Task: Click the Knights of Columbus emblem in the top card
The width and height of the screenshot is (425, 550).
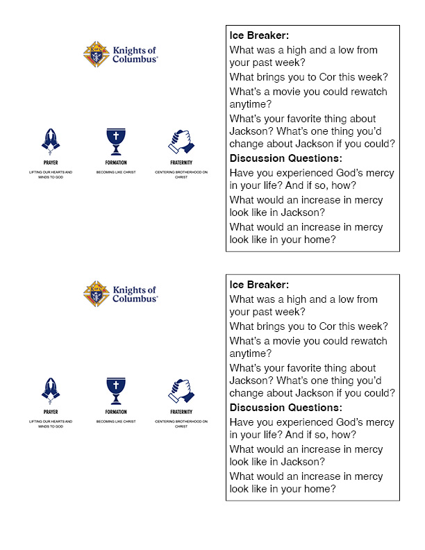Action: click(97, 54)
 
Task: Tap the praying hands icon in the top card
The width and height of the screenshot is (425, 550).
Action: click(51, 141)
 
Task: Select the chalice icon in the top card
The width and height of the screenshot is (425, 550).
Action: click(116, 141)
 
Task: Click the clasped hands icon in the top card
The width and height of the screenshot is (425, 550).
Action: click(181, 142)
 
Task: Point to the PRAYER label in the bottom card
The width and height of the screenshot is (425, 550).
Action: click(51, 412)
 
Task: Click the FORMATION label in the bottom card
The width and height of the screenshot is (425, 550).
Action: click(116, 412)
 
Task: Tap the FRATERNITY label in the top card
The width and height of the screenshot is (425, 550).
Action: click(181, 162)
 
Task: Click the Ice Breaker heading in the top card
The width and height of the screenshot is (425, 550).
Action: click(259, 35)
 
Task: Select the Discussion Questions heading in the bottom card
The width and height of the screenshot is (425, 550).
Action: click(286, 408)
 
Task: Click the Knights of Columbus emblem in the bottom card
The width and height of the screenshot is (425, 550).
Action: click(97, 294)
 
